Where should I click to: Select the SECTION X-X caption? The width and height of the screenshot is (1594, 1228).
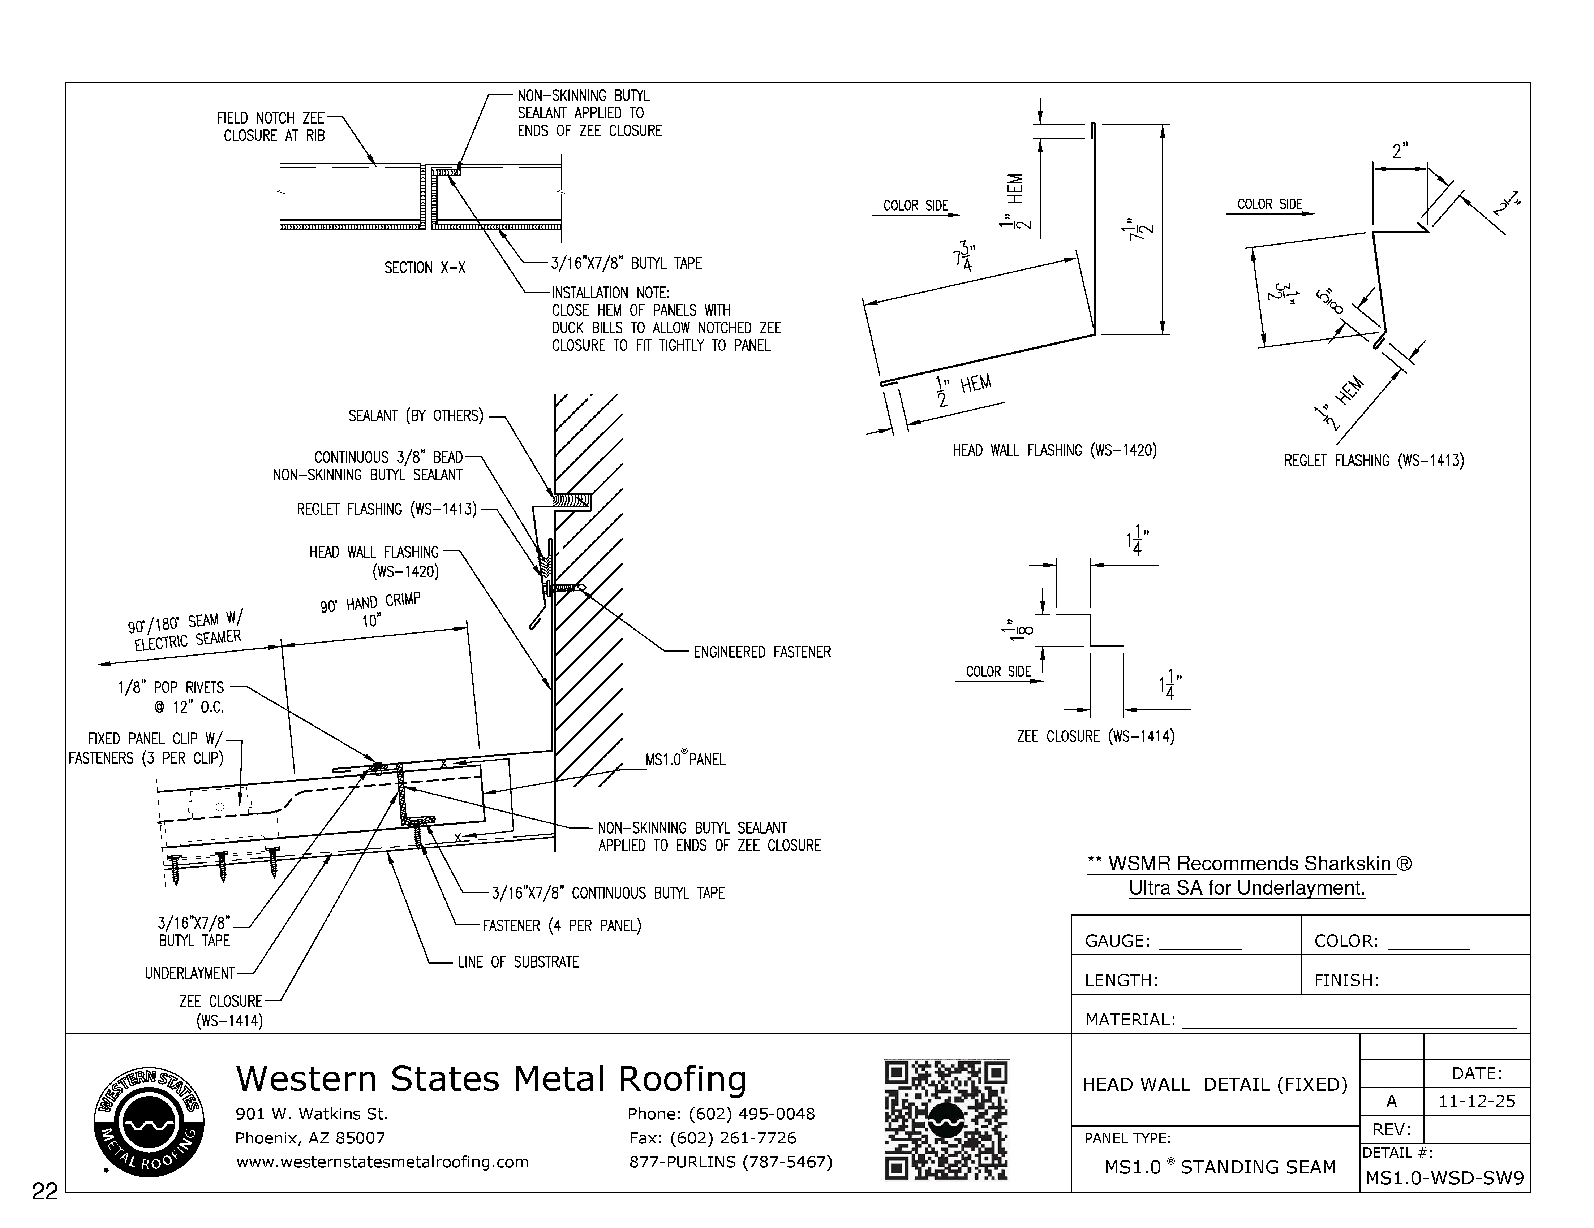425,268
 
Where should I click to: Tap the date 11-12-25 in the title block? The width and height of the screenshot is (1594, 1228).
1477,1101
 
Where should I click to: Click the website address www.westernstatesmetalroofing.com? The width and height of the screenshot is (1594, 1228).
382,1162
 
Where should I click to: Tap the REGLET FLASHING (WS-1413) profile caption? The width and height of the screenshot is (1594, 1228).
1374,461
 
